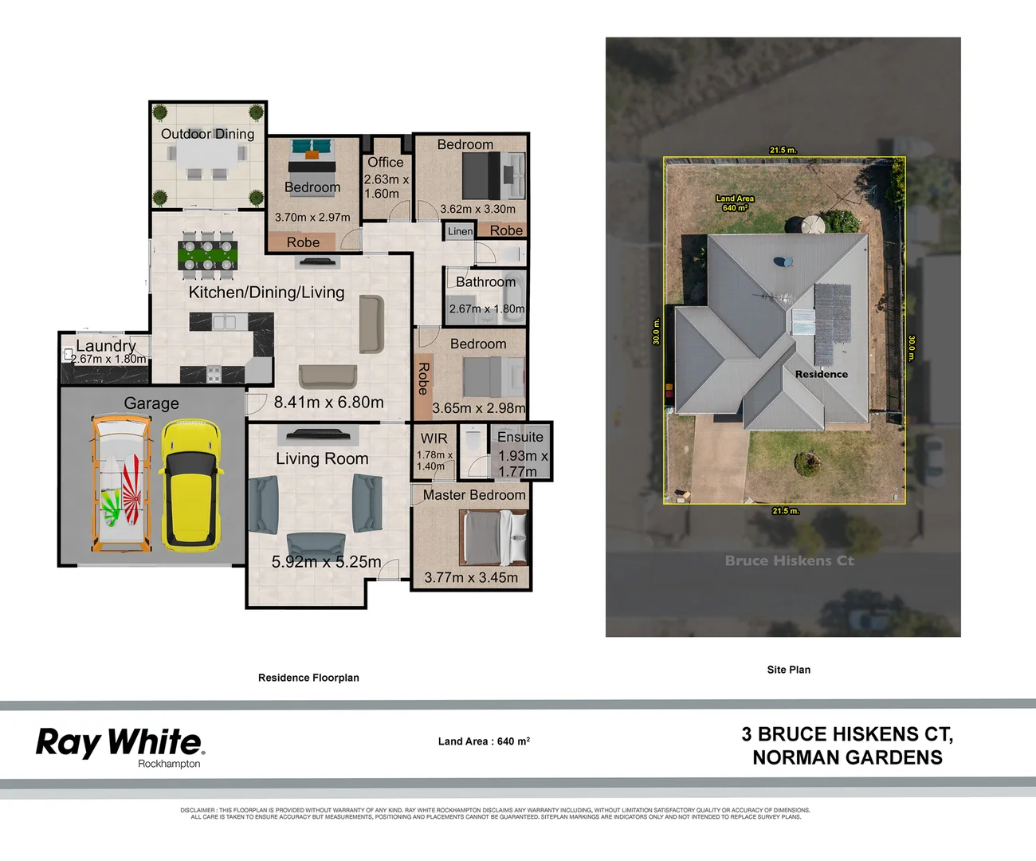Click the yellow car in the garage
(x=191, y=486)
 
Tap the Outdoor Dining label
(x=207, y=134)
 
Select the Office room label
(x=385, y=162)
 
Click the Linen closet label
(x=460, y=231)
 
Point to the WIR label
(x=434, y=438)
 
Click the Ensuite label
(x=520, y=437)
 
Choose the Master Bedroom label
(x=474, y=495)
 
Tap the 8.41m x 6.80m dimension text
(x=328, y=403)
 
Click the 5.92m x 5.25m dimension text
(x=326, y=562)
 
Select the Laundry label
(x=105, y=346)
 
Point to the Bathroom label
(x=485, y=281)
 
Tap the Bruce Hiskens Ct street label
(x=789, y=560)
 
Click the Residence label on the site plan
(x=821, y=374)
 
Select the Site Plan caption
(x=788, y=670)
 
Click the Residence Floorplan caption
(x=308, y=678)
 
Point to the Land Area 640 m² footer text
(x=484, y=741)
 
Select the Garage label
(x=151, y=403)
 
